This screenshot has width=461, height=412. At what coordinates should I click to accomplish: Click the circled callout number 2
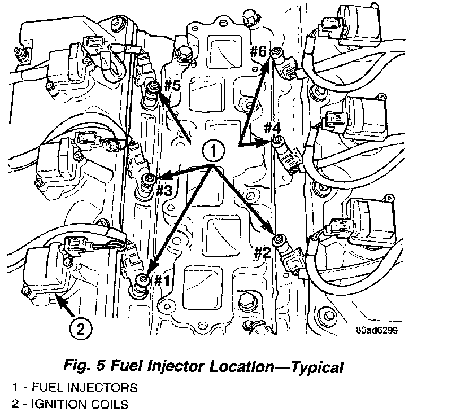80,328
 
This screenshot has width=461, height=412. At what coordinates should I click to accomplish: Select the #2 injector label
262,253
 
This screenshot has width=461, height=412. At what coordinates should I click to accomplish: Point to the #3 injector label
163,191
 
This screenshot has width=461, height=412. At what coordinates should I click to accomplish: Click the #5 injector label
172,86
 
